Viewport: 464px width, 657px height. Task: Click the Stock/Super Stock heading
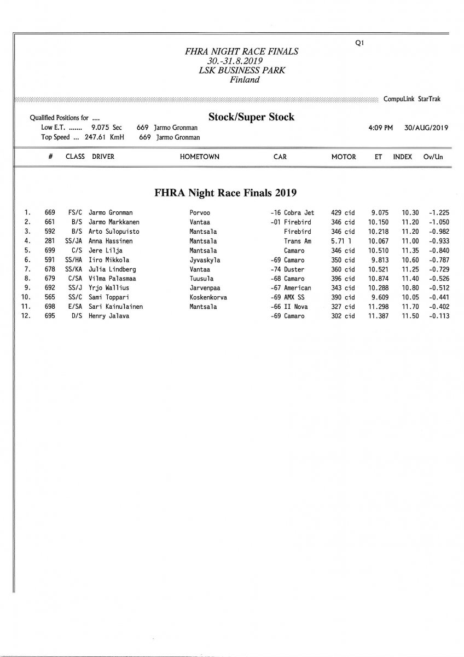pos(251,117)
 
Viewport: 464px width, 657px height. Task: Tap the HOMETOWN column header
pos(199,157)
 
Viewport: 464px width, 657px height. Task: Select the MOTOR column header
pos(343,157)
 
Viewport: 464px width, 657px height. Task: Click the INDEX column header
pos(402,157)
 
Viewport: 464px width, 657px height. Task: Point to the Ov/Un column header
pos(432,157)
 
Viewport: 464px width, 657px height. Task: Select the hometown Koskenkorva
pos(208,297)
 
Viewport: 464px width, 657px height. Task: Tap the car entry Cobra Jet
pos(299,212)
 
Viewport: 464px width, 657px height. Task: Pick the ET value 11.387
pos(378,316)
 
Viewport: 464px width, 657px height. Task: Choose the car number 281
pos(50,241)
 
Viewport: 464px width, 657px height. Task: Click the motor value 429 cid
pos(343,212)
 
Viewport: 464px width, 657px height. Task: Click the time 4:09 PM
pos(381,128)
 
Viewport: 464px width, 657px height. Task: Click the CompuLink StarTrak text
pos(412,100)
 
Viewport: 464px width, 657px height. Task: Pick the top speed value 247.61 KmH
pos(105,137)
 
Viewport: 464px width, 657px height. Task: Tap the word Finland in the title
pos(245,79)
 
